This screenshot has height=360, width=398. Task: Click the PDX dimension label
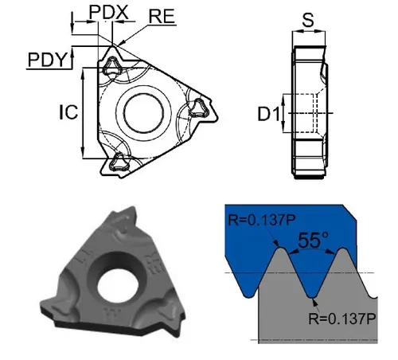tap(108, 12)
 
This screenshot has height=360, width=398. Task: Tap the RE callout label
tap(162, 17)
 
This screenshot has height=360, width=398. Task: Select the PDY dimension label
tap(46, 60)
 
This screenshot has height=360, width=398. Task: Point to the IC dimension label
tap(68, 112)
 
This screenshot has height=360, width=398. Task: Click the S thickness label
tap(308, 20)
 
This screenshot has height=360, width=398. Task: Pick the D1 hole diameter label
tap(269, 115)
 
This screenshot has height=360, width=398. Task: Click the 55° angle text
tap(313, 241)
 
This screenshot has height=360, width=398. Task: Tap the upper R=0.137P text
tap(261, 220)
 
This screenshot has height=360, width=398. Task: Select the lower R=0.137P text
tap(342, 318)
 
